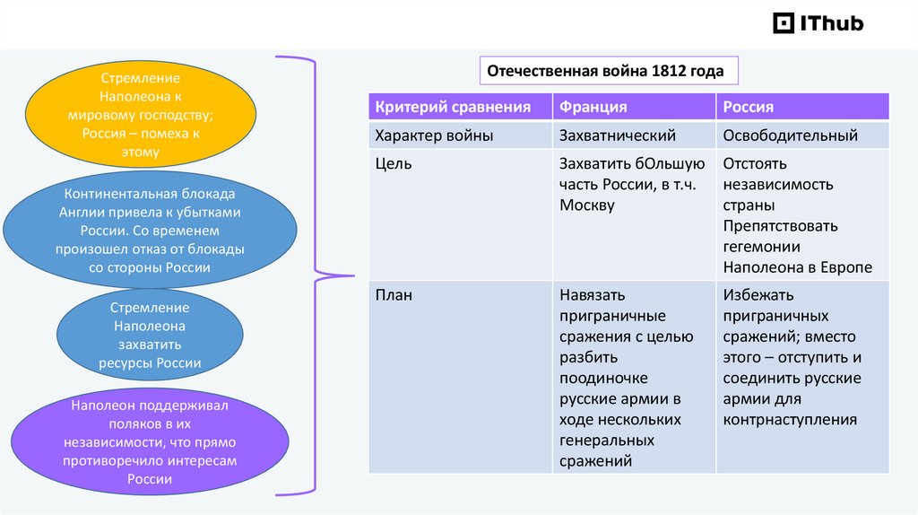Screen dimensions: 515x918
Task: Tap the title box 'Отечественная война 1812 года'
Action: click(605, 72)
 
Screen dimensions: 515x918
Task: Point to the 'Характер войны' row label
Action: click(435, 136)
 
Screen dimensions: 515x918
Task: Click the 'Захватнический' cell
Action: click(618, 136)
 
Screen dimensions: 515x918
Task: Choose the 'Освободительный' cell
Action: click(790, 136)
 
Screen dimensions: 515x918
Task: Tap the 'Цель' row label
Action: click(394, 164)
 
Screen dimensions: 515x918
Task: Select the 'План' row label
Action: click(394, 295)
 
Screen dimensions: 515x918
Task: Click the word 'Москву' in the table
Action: click(587, 205)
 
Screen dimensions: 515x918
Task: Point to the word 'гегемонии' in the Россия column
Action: click(761, 247)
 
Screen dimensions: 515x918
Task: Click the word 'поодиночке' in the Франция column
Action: click(603, 378)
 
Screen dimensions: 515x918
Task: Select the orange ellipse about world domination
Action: click(141, 110)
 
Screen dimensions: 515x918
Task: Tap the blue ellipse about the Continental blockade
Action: click(150, 231)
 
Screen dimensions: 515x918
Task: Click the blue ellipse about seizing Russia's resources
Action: click(150, 336)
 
